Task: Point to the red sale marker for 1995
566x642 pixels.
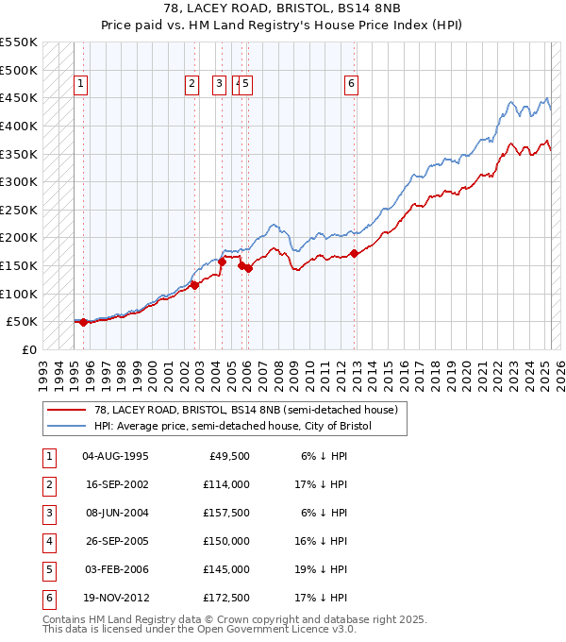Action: click(83, 322)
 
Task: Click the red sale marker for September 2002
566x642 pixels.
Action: click(195, 285)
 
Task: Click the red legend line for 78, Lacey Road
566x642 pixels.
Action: click(67, 410)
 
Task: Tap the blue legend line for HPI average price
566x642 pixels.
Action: click(67, 426)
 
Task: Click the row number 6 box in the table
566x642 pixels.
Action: click(47, 598)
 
